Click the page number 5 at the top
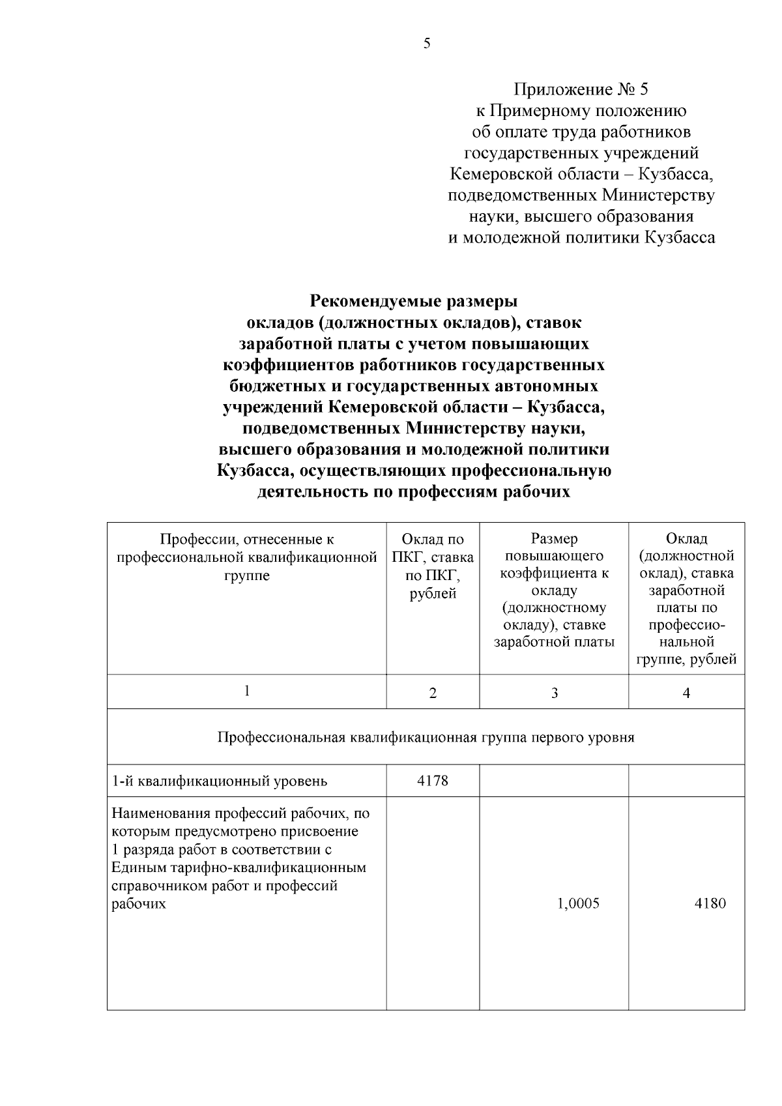pos(427,44)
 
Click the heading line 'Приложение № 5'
pos(581,89)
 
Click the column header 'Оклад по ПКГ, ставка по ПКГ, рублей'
pos(433,566)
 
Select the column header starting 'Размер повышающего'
pos(554,590)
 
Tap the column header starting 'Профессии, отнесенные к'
pos(247,557)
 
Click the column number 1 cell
pos(247,691)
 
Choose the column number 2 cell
pos(433,693)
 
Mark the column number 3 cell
pos(554,693)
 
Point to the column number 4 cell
pos(686,693)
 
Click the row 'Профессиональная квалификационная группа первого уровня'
pos(426,737)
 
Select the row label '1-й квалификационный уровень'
pos(220,781)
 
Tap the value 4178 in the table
pos(433,780)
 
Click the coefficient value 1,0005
pos(578,903)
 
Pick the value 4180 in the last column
pos(710,903)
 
